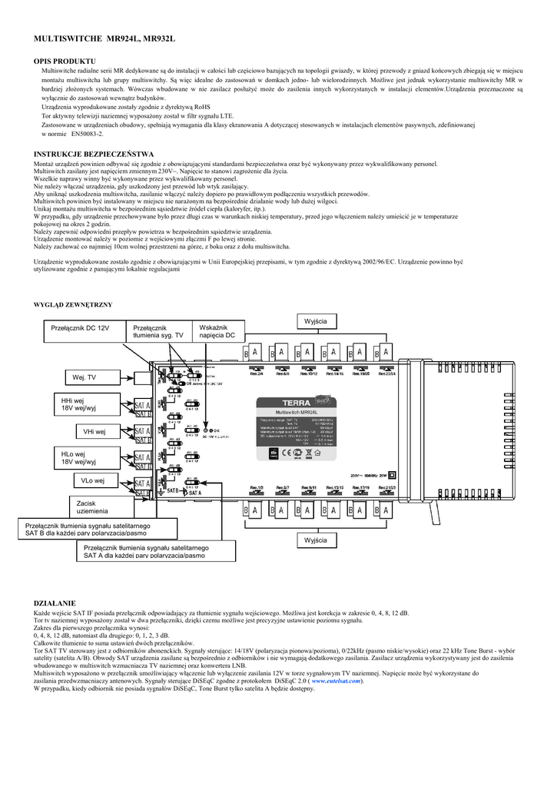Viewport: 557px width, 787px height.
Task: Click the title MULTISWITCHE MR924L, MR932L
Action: (104, 38)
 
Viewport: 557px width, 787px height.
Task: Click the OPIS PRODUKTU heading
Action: (65, 60)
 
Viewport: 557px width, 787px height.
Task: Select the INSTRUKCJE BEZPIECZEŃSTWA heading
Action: (94, 154)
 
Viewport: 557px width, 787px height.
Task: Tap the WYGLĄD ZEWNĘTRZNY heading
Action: (73, 305)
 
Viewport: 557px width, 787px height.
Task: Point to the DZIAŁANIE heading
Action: (55, 605)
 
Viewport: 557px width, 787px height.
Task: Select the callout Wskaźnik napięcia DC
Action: (217, 331)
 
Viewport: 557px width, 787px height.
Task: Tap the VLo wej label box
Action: (94, 480)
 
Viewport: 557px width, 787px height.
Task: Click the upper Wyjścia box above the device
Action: (316, 320)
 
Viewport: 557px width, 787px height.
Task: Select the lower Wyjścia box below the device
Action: (316, 540)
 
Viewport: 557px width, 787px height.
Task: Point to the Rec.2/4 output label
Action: (257, 374)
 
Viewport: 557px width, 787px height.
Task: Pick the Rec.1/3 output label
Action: (257, 488)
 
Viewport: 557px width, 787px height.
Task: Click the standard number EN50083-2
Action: (87, 133)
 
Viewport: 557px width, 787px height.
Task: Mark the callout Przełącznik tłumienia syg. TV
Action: (158, 332)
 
